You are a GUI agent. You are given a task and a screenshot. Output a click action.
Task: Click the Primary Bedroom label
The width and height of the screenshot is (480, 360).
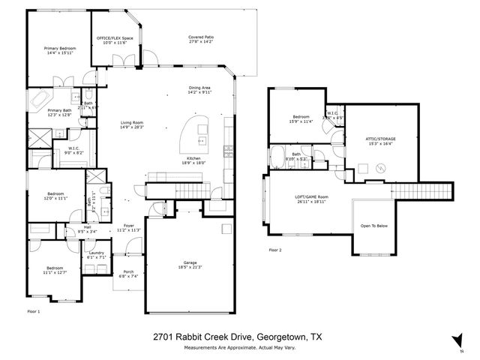click(x=61, y=47)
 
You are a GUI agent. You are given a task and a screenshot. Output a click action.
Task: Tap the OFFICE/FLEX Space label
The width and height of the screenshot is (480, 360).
click(x=115, y=38)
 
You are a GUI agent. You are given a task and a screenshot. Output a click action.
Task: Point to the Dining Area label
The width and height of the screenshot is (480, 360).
click(x=199, y=88)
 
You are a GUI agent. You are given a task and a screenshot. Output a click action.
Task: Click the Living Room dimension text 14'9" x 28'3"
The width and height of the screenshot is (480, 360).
click(x=132, y=127)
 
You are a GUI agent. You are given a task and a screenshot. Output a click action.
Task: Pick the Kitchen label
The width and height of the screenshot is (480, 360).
click(x=193, y=158)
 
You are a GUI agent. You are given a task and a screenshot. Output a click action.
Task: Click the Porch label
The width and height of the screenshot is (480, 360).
click(x=129, y=271)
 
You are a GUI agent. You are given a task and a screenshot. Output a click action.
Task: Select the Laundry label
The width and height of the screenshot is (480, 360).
click(x=96, y=253)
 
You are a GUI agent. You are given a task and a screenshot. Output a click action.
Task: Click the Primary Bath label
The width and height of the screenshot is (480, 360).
click(x=60, y=110)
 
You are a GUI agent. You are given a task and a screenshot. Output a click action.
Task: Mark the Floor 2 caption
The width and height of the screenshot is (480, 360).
click(x=276, y=249)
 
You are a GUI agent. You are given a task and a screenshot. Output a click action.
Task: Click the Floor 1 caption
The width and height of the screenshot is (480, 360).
click(x=33, y=310)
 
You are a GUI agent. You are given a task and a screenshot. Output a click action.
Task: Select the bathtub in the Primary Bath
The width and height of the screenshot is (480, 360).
click(x=42, y=98)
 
